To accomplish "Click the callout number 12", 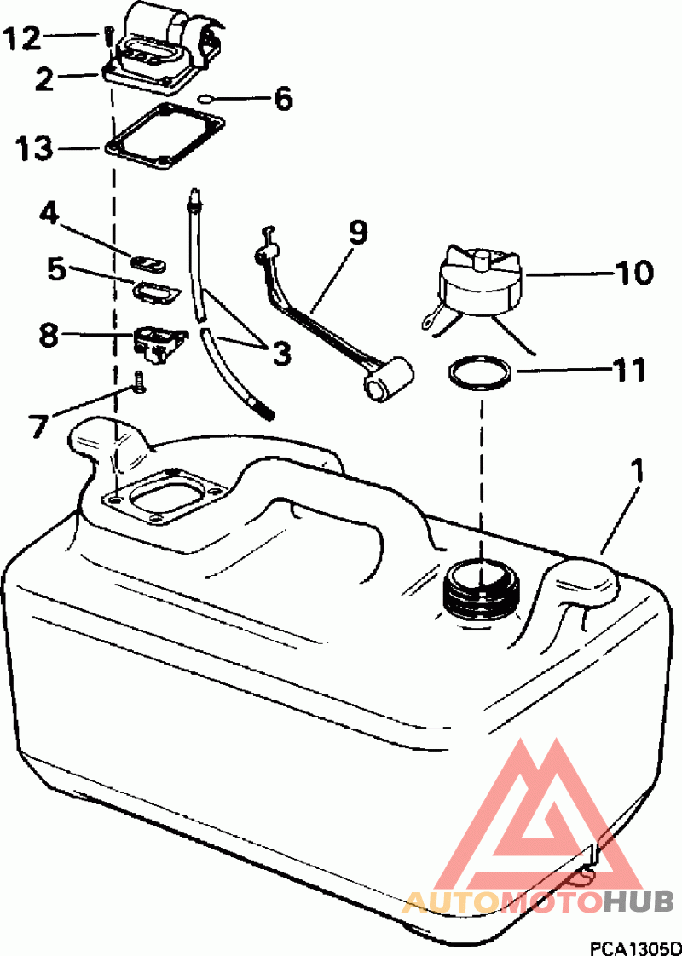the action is tap(24, 40).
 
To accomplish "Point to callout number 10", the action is tap(633, 274).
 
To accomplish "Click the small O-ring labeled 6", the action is tap(206, 98).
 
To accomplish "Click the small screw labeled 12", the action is tap(107, 37).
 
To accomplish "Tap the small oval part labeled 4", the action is tap(148, 262).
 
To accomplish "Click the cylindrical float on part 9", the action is tap(388, 379).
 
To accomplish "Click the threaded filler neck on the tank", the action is tap(483, 590).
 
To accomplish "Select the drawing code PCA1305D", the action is tap(634, 948).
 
